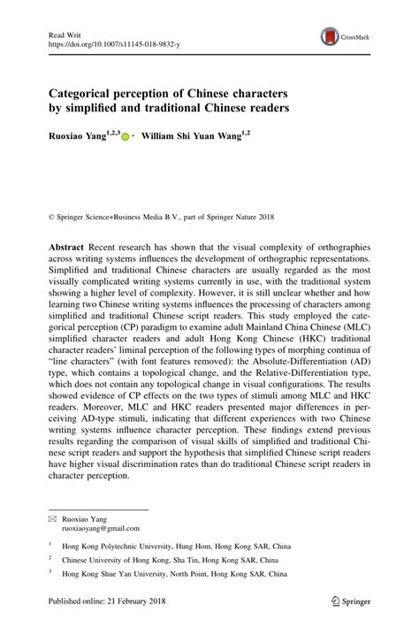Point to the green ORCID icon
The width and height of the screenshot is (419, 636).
point(125,138)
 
